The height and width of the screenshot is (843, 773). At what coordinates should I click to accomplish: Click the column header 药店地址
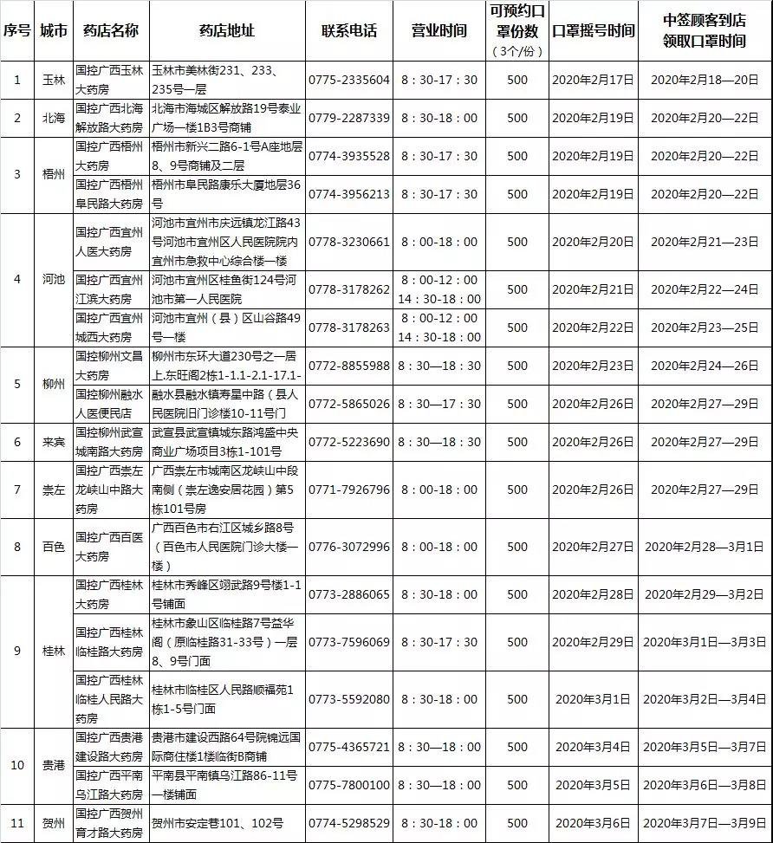tap(227, 31)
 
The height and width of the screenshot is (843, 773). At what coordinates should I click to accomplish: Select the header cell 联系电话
tap(349, 31)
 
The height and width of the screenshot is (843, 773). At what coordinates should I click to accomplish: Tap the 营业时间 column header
tap(438, 31)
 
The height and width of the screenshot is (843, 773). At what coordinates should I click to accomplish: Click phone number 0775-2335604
tap(349, 80)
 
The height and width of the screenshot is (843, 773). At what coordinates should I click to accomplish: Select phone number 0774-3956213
tap(349, 194)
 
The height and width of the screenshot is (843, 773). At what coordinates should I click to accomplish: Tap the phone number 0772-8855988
tap(349, 366)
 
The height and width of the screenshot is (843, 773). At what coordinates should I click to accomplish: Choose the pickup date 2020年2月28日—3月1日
tap(704, 547)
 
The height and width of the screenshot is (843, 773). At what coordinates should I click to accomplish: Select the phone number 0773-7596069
tap(349, 642)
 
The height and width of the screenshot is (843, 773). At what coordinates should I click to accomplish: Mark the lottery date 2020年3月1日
tap(593, 699)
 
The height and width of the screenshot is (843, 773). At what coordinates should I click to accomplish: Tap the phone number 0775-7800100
tap(349, 785)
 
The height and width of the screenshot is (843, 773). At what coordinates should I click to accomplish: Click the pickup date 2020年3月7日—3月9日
tap(704, 823)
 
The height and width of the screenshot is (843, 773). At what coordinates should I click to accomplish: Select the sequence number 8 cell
tap(16, 547)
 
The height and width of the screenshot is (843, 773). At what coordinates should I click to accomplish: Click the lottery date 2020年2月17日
tap(593, 80)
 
